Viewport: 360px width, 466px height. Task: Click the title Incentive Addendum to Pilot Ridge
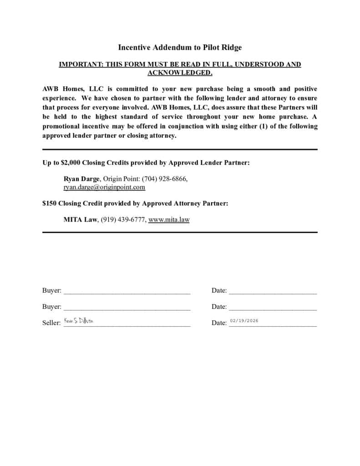pos(180,47)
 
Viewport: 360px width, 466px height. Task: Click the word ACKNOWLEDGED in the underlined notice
pos(180,72)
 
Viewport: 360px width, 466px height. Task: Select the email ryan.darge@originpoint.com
pos(104,187)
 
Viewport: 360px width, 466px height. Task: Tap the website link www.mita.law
pos(169,219)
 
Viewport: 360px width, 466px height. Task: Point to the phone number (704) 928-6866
pos(164,179)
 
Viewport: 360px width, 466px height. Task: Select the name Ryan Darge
pos(81,179)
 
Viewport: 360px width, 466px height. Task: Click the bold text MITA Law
pos(80,219)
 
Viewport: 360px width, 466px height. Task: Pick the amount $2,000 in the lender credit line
pos(71,162)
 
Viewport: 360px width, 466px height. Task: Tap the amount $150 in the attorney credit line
pos(49,203)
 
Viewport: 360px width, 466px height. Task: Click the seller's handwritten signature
pos(79,321)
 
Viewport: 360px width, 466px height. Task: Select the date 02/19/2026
pos(244,321)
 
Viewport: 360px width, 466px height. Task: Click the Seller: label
pos(51,323)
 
